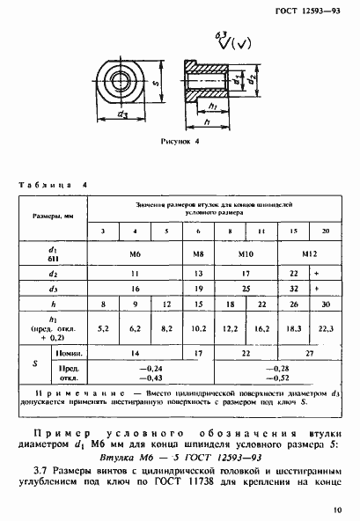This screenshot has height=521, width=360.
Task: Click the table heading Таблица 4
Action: click(x=54, y=186)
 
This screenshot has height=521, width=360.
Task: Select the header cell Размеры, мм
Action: click(x=53, y=215)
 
